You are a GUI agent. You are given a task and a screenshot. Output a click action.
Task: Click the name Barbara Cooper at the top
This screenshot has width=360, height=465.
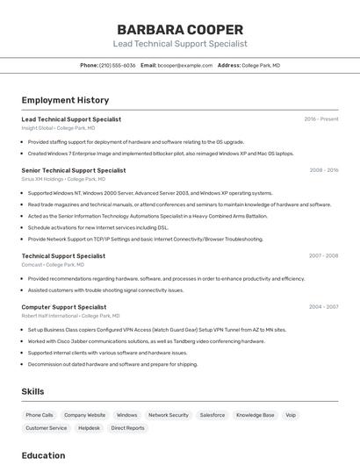[180, 29]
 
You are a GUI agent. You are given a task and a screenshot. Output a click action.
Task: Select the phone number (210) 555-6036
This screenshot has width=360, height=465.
[118, 65]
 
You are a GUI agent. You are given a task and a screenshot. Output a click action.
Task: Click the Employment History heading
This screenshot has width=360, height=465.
[65, 100]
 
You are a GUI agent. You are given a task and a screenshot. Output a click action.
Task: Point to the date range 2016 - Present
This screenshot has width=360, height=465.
[320, 119]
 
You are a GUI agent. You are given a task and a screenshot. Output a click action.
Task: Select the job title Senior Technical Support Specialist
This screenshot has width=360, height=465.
[74, 170]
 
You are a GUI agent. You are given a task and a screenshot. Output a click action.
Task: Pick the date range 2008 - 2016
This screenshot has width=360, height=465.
[323, 170]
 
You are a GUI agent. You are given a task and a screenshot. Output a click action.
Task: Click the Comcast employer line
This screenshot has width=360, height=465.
[53, 264]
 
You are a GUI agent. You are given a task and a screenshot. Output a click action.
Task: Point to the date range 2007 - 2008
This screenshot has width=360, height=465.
[323, 255]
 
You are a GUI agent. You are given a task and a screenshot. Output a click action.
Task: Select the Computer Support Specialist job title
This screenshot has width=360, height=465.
[64, 307]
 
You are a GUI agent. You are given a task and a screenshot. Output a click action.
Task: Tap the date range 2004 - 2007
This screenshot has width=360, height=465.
[323, 307]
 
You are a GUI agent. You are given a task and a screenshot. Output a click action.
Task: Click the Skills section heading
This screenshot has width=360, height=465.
[32, 391]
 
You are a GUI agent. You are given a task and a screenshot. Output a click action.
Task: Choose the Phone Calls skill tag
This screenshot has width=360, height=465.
[40, 415]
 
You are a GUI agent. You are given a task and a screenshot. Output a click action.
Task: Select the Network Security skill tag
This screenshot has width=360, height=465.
[168, 415]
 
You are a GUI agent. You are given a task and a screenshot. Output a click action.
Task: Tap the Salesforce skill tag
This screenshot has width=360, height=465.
[212, 415]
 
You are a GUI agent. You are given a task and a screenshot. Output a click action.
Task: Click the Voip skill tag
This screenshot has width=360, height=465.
[291, 415]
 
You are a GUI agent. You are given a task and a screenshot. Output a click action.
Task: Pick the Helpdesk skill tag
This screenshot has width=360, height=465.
[89, 428]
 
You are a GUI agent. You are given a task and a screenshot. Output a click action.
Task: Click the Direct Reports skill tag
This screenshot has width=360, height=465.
[127, 428]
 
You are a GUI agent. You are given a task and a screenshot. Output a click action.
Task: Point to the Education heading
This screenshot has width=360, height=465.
[43, 455]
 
